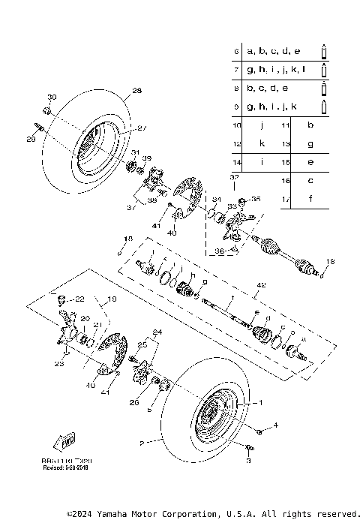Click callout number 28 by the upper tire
pos(136,91)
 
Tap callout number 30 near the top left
pos(52,98)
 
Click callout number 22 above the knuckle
pos(80,298)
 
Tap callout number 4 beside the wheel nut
pos(275,425)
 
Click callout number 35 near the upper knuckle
pos(256,199)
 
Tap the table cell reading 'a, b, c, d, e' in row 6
pos(273,51)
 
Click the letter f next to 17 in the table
pos(310,199)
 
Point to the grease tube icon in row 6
pos(324,51)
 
